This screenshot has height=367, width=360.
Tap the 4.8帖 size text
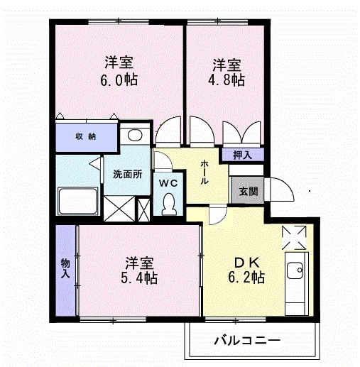click(228, 80)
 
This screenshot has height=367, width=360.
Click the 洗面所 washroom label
click(126, 175)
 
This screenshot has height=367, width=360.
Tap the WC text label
click(168, 182)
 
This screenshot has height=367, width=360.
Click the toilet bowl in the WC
click(169, 204)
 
